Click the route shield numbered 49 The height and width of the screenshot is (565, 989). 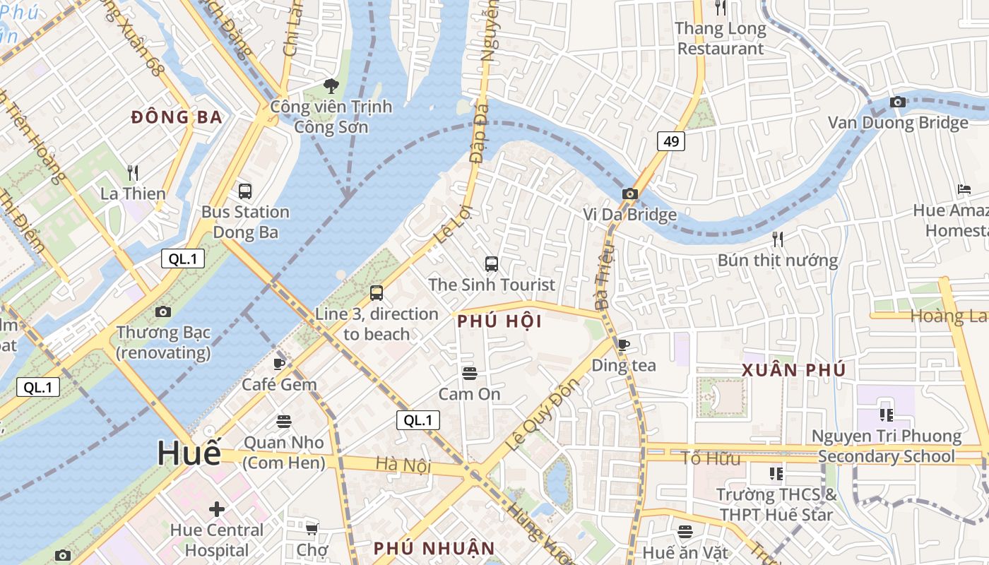[x=671, y=141]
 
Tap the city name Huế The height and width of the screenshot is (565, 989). [x=189, y=453]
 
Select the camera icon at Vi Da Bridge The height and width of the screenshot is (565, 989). [x=630, y=194]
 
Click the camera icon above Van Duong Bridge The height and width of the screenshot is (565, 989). [x=898, y=102]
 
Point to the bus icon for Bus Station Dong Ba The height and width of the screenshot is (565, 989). [x=245, y=191]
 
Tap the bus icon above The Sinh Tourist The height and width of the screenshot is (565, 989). [x=492, y=264]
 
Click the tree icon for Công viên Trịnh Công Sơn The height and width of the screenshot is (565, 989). [x=331, y=86]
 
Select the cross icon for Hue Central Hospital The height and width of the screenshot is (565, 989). [x=217, y=509]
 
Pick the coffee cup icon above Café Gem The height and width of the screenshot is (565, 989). [x=279, y=364]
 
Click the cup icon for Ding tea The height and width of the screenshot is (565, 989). [x=624, y=345]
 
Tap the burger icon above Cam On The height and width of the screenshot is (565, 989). [x=470, y=373]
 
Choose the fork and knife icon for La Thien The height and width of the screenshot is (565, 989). [x=132, y=172]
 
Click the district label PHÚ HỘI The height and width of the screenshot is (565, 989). [x=499, y=322]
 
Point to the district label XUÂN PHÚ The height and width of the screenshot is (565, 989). [x=793, y=370]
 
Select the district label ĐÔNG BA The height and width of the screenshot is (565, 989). [x=177, y=118]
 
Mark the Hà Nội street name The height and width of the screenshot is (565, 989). [x=403, y=465]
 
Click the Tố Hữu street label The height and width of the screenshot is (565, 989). [x=711, y=458]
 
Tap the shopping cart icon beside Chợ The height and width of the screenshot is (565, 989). [x=312, y=528]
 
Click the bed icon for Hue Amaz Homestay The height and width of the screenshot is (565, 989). [x=964, y=189]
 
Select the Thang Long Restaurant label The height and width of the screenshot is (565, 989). [x=720, y=39]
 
